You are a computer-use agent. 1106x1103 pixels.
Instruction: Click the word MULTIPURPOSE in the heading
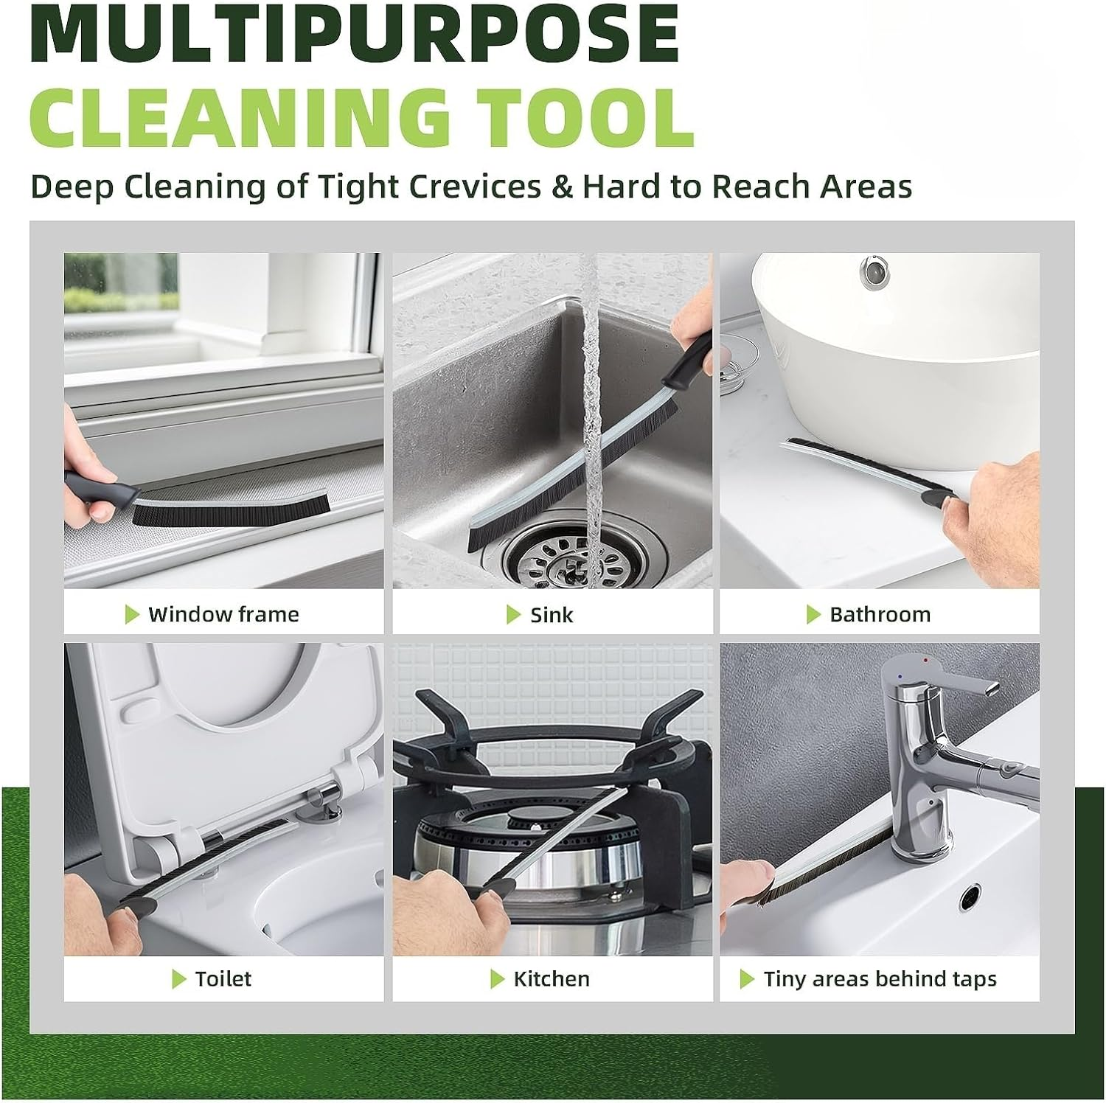[x=355, y=35]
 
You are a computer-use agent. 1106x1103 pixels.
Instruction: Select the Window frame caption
[x=223, y=614]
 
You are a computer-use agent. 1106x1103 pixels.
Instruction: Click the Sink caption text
[x=552, y=615]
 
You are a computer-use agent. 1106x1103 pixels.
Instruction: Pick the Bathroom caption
[x=880, y=614]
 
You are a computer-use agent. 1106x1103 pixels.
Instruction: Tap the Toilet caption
[x=223, y=978]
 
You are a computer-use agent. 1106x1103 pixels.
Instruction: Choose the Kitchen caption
[x=552, y=978]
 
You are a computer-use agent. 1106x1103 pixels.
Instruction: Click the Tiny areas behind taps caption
[x=880, y=978]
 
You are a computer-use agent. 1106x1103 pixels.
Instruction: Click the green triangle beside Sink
[x=513, y=614]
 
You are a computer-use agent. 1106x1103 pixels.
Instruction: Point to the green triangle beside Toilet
[x=178, y=978]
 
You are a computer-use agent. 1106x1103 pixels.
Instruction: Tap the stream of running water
[x=591, y=413]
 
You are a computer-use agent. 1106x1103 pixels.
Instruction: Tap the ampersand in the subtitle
[x=562, y=187]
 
